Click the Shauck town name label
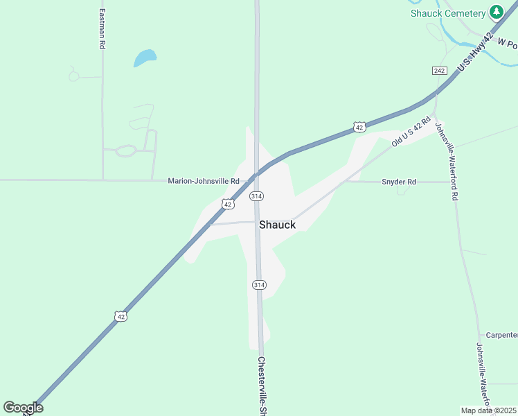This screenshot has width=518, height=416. click(277, 225)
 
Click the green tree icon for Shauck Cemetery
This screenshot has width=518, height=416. click(496, 12)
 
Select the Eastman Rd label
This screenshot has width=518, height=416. click(102, 28)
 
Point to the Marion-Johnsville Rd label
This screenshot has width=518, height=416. click(203, 181)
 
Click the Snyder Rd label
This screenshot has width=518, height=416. click(399, 182)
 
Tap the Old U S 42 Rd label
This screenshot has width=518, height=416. click(411, 131)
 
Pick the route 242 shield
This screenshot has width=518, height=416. click(439, 71)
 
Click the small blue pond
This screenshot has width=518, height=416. click(144, 58)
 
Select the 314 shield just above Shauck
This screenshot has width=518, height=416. click(256, 196)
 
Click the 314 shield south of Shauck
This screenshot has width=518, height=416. click(259, 285)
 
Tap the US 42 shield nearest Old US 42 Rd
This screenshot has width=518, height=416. click(359, 127)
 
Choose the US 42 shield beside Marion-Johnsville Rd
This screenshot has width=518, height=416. click(227, 204)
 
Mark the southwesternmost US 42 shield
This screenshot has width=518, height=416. click(120, 316)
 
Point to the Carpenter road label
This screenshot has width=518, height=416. click(501, 335)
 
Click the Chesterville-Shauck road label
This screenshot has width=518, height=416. click(262, 385)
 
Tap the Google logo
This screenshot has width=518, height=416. click(23, 408)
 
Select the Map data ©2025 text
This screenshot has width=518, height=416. click(489, 410)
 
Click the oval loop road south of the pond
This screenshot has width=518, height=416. click(125, 150)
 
